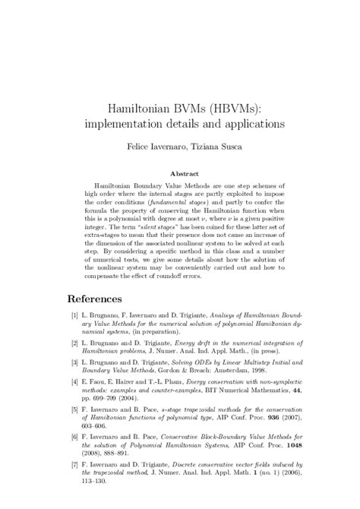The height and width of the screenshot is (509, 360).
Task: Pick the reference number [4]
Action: pyautogui.click(x=73, y=403)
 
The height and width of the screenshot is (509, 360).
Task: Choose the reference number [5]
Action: pyautogui.click(x=73, y=432)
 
